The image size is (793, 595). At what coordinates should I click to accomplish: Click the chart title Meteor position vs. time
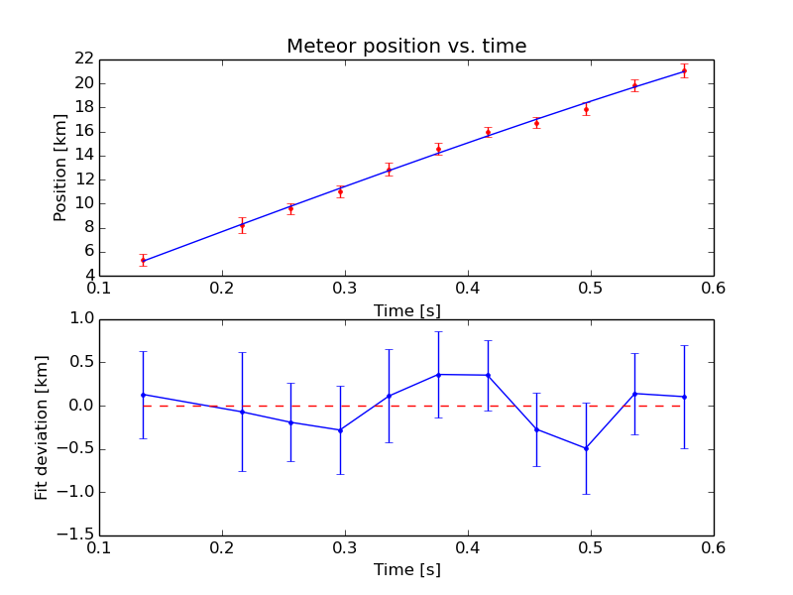click(x=406, y=47)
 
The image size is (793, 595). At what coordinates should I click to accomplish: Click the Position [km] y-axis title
click(x=60, y=168)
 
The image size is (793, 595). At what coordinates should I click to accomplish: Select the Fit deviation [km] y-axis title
click(x=42, y=427)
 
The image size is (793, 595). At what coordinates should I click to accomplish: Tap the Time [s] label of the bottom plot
click(x=406, y=570)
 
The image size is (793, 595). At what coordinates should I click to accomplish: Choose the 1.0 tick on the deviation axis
click(x=79, y=319)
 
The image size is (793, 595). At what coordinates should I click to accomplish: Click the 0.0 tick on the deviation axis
click(x=79, y=406)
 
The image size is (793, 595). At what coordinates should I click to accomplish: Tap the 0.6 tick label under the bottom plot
click(x=714, y=547)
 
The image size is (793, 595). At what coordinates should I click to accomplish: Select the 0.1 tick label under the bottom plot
click(x=99, y=547)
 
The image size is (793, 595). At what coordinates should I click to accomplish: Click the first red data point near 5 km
click(x=144, y=260)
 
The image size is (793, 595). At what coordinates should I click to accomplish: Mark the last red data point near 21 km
click(x=684, y=70)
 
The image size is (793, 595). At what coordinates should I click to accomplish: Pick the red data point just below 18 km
click(x=586, y=109)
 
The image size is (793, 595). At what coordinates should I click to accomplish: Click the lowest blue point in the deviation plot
click(x=586, y=448)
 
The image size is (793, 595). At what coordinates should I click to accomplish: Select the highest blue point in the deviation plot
click(x=438, y=374)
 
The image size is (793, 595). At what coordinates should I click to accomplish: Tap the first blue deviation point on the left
click(x=144, y=395)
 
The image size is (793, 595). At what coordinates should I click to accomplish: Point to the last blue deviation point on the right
click(x=684, y=397)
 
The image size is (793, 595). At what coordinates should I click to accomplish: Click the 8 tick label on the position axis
click(x=86, y=227)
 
